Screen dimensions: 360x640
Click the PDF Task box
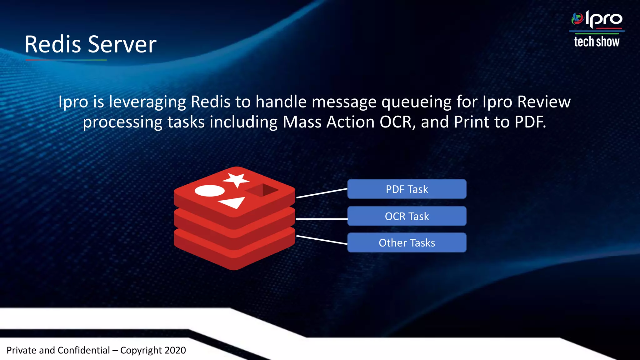click(407, 189)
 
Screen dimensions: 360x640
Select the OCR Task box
click(407, 216)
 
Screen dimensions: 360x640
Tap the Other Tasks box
click(407, 243)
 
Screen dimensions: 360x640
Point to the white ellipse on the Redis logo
click(209, 191)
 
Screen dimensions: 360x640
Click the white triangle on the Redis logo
click(233, 202)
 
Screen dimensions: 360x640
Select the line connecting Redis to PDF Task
click(322, 193)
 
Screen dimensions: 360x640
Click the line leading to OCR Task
click(322, 219)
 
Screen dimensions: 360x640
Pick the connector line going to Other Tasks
click(322, 240)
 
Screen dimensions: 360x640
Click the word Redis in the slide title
click(52, 44)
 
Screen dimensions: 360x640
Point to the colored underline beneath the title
click(66, 60)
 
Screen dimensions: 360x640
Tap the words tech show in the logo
click(596, 42)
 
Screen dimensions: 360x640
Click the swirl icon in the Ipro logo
click(577, 19)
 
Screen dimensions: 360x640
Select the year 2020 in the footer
click(175, 350)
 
